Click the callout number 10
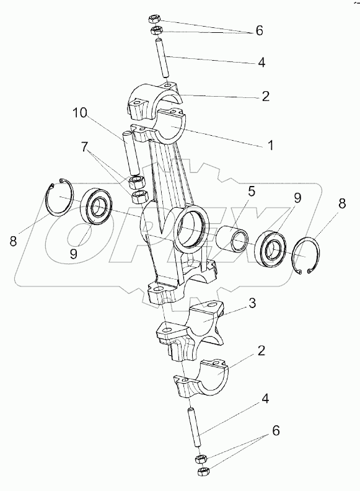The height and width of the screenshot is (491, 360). click(81, 113)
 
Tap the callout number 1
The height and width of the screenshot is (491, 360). click(271, 145)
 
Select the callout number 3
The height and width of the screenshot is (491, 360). click(252, 303)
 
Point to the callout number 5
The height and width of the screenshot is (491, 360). click(252, 192)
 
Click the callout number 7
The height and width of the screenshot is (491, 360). click(85, 147)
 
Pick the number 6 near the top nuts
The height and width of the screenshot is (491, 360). click(259, 31)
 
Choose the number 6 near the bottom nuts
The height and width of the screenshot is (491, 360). click(276, 431)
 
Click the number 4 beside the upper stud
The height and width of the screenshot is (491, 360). click(261, 63)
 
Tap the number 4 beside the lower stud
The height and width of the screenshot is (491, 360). click(265, 399)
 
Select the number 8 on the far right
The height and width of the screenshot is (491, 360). click(341, 203)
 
